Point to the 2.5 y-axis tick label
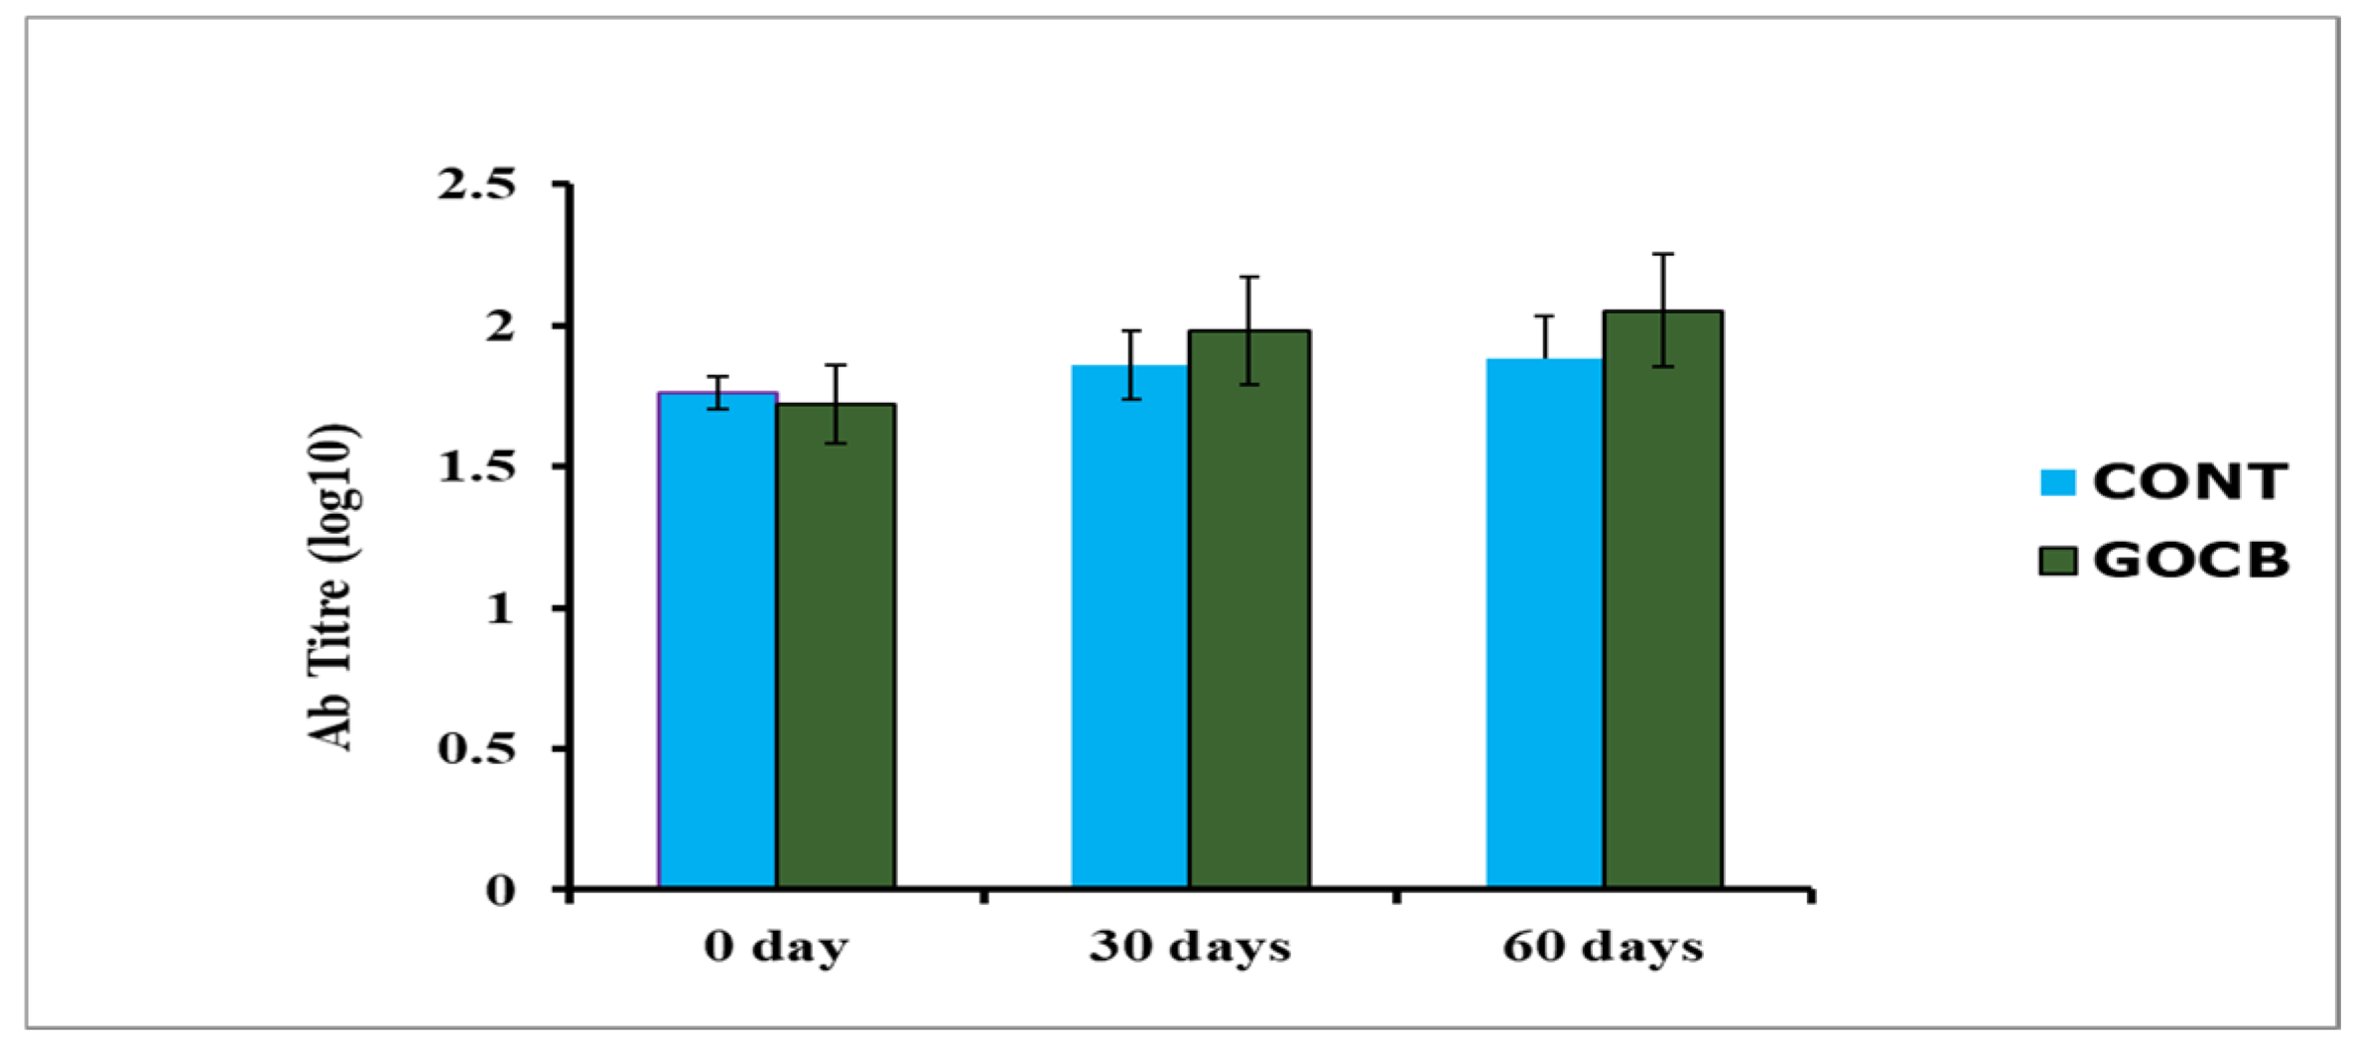[x=477, y=185]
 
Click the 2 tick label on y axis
[x=500, y=326]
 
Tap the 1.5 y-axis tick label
[x=477, y=466]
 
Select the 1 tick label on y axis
[x=500, y=607]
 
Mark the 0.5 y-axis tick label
[x=477, y=748]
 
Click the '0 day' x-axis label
[x=776, y=946]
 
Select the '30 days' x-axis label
[x=1190, y=946]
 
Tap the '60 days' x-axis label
[x=1603, y=946]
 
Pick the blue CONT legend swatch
[x=2057, y=482]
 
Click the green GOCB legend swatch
[x=2057, y=561]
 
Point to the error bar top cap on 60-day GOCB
[x=1663, y=254]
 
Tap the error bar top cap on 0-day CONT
[x=718, y=376]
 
